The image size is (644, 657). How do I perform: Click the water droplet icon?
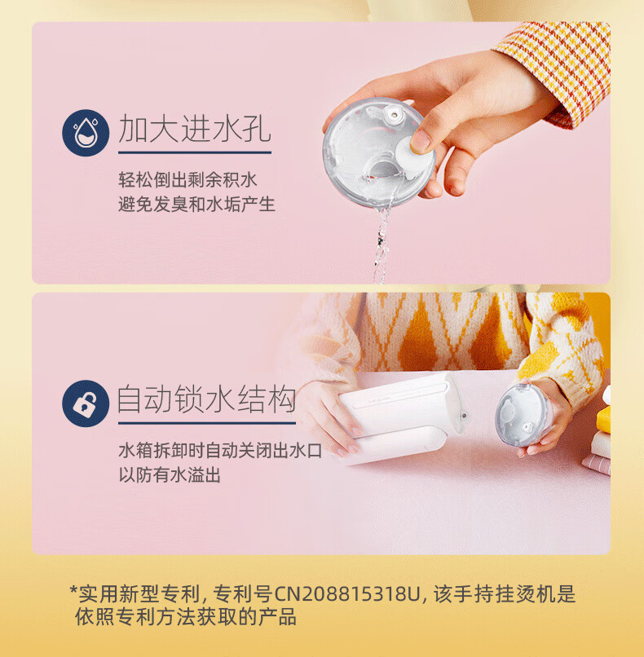[86, 133]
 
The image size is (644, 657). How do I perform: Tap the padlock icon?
[86, 403]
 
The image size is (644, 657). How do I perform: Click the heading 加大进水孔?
[195, 128]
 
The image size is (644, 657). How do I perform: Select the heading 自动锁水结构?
[206, 399]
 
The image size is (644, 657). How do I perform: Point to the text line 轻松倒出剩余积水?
[187, 180]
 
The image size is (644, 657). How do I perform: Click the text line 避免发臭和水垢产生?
[196, 205]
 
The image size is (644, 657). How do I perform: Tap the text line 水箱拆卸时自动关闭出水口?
[220, 451]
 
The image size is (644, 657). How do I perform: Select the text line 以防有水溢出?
[170, 475]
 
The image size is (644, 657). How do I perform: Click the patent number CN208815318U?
[346, 594]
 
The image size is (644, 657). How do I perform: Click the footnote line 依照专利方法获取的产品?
[186, 617]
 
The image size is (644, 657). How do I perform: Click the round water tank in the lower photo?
[522, 415]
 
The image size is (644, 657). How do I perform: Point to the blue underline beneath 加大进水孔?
[195, 152]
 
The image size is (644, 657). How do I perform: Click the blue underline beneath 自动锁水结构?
[207, 423]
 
